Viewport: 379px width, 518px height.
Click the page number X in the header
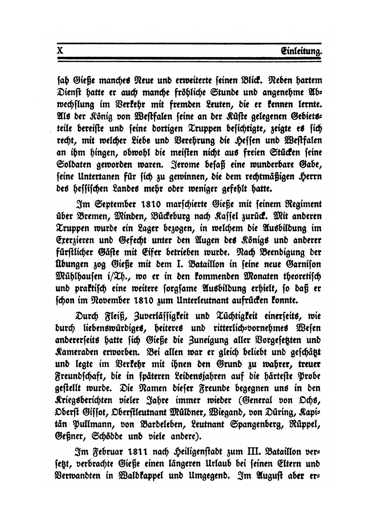click(x=60, y=51)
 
